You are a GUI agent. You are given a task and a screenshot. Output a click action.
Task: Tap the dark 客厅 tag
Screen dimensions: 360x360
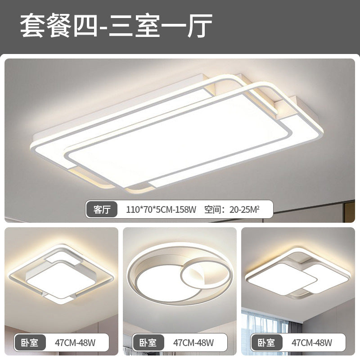click(x=102, y=209)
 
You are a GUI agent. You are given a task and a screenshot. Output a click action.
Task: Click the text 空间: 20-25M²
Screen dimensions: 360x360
click(x=232, y=209)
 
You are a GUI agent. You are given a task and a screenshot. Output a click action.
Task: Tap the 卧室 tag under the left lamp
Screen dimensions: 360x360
click(x=29, y=342)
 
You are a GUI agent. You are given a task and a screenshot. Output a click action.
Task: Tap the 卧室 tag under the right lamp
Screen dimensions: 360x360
click(x=266, y=342)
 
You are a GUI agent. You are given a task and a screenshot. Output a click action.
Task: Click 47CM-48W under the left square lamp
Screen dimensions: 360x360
click(x=75, y=342)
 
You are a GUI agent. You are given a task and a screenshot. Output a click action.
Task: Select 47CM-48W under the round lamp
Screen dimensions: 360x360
click(x=193, y=342)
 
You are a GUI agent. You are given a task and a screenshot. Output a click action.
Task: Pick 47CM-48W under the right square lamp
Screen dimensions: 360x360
click(x=312, y=342)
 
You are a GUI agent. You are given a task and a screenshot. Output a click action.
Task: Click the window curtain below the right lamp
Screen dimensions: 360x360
click(x=259, y=322)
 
